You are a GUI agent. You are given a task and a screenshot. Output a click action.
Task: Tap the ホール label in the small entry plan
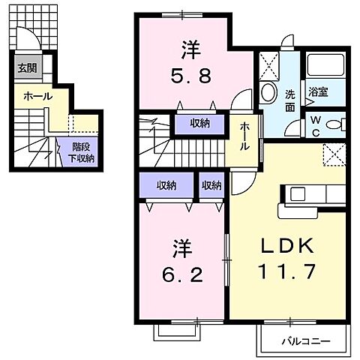tap(37, 96)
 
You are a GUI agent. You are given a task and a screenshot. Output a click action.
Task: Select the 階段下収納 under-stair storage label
tap(83, 153)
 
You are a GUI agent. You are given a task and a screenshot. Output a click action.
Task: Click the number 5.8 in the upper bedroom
tap(190, 76)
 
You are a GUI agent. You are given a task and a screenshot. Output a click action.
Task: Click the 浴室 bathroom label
tap(317, 93)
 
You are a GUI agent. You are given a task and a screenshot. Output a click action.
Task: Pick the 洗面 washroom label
tap(290, 101)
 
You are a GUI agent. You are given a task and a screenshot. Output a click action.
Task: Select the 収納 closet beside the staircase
tap(199, 124)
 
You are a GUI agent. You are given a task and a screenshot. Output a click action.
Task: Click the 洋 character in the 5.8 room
tap(190, 49)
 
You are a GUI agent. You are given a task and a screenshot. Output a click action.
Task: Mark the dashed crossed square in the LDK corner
tap(332, 154)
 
